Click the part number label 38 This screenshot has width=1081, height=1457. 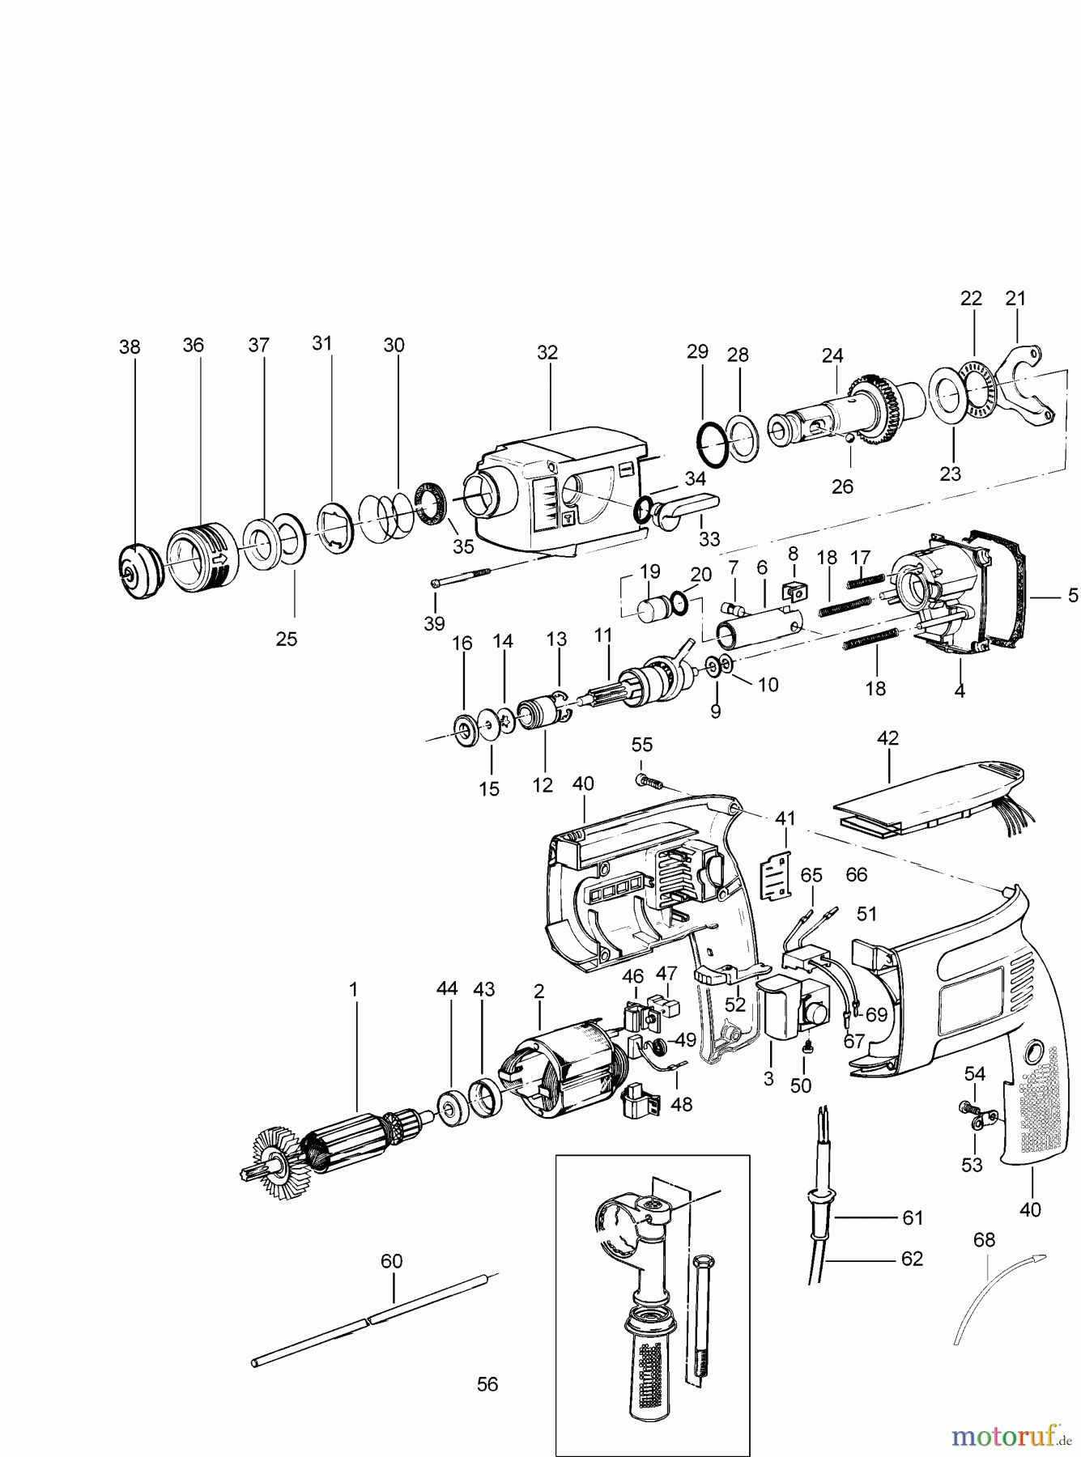point(130,347)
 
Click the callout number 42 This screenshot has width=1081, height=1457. point(887,738)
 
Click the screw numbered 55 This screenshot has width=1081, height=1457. point(648,782)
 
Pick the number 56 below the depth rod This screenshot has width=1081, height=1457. point(487,1384)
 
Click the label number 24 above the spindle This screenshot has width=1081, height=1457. point(832,355)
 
